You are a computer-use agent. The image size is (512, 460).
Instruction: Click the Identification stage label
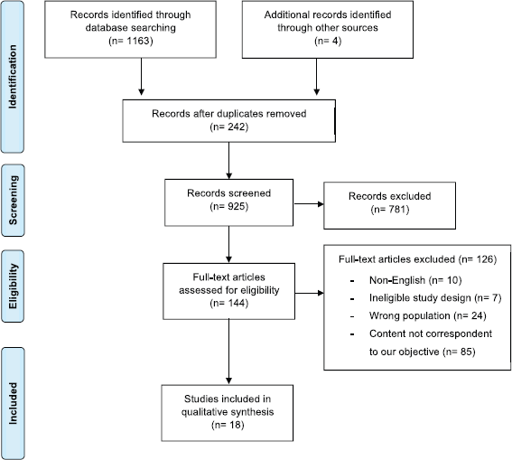click(x=13, y=77)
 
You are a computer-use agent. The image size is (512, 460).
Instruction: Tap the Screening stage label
click(x=13, y=201)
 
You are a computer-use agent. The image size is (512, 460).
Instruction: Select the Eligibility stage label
click(x=13, y=286)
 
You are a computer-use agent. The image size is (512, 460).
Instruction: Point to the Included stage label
click(x=13, y=403)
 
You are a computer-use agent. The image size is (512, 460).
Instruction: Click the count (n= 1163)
click(x=131, y=41)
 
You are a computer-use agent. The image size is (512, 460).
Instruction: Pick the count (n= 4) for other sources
click(x=328, y=41)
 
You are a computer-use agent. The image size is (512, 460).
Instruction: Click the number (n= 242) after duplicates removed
click(x=228, y=127)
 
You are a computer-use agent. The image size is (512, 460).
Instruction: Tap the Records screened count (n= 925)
click(x=228, y=206)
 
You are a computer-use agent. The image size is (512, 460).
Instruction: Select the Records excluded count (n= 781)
click(x=390, y=209)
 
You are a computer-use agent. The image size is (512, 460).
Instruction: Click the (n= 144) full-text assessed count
click(x=228, y=303)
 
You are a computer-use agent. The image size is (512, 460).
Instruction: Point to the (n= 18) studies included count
click(x=228, y=425)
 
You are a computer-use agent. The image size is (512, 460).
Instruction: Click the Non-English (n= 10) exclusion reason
click(x=415, y=280)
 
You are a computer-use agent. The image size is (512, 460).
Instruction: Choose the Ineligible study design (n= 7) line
click(x=435, y=298)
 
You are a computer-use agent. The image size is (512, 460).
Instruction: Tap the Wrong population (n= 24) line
click(x=428, y=316)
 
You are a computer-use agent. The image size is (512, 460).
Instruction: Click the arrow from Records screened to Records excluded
click(x=309, y=204)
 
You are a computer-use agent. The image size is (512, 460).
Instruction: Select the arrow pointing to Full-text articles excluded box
click(x=309, y=293)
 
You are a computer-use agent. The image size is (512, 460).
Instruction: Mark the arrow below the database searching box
click(x=142, y=77)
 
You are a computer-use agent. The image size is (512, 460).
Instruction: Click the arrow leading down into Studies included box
click(x=228, y=352)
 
